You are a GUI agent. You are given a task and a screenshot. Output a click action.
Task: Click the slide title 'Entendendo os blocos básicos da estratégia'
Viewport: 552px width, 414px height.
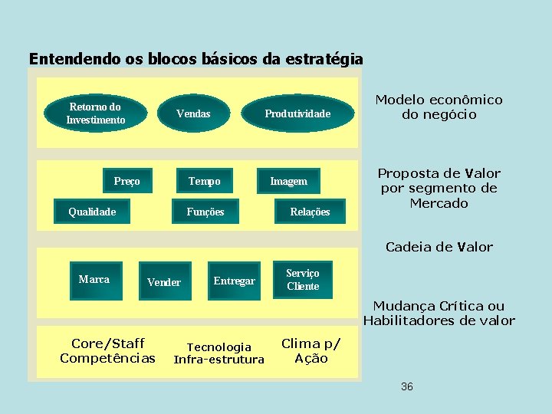coord(195,58)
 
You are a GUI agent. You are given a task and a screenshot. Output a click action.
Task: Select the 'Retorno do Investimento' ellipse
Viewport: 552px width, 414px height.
coord(96,113)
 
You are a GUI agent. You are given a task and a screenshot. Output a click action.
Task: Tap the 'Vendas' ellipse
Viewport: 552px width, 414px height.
coord(193,113)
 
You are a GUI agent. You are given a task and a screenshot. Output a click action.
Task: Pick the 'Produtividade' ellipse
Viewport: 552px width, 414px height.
coord(297,113)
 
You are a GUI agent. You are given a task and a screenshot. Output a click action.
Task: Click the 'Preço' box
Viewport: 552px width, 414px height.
coord(127,181)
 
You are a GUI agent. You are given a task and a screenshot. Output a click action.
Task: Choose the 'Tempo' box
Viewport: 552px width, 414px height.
coord(204,181)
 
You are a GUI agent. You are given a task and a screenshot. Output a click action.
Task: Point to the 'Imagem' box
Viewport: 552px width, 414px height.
coord(288,181)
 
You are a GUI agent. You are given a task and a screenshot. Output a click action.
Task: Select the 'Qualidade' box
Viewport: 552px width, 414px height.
coord(92,212)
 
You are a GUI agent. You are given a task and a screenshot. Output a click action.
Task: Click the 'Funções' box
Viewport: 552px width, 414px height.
coord(205,212)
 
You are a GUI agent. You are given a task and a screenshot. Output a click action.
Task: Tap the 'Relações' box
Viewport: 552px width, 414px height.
coord(310,212)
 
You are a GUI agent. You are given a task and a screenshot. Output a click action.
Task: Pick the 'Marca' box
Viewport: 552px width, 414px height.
coord(94,279)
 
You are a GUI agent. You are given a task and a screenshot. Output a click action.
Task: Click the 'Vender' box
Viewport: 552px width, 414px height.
coord(164,282)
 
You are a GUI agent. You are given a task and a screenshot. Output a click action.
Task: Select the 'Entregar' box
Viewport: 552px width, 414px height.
coord(234,281)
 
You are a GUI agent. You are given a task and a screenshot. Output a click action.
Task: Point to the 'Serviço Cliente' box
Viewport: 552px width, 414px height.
coord(303,280)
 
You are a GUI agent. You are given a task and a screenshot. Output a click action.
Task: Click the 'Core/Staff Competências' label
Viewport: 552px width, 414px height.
coord(107,350)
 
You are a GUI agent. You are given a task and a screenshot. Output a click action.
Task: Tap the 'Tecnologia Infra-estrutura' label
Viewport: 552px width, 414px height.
coord(219,353)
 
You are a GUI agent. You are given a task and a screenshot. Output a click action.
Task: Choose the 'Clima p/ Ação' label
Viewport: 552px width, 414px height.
coord(311,350)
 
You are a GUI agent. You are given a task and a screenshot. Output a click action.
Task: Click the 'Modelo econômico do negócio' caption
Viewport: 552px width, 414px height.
coord(439,107)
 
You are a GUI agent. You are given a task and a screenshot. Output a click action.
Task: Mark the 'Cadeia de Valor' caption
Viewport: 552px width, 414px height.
coord(439,247)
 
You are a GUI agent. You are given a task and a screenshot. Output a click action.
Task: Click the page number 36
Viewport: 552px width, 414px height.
coord(406,386)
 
